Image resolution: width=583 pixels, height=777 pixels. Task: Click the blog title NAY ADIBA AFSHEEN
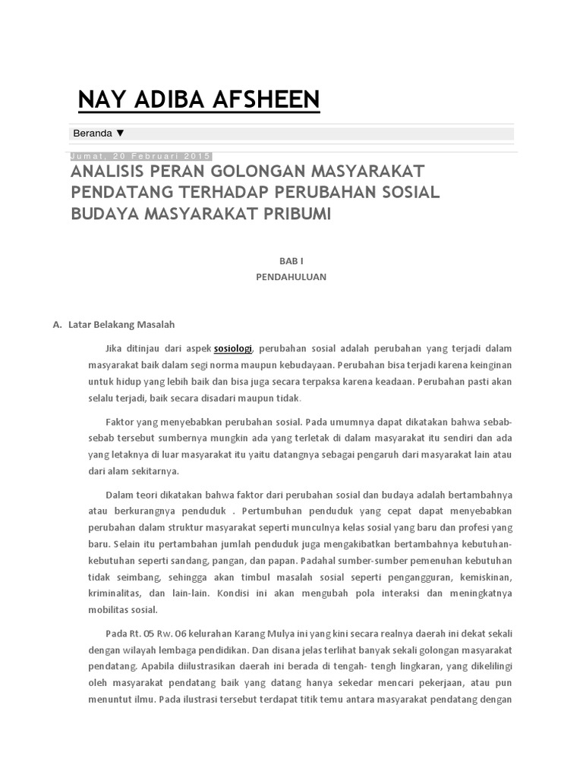tap(199, 99)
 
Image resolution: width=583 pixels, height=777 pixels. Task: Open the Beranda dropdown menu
tap(98, 134)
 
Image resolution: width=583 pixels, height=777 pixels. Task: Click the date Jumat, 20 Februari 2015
tap(140, 156)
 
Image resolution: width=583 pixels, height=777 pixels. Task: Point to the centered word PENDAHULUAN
tap(291, 277)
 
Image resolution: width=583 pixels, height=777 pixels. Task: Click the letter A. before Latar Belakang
tap(56, 324)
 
